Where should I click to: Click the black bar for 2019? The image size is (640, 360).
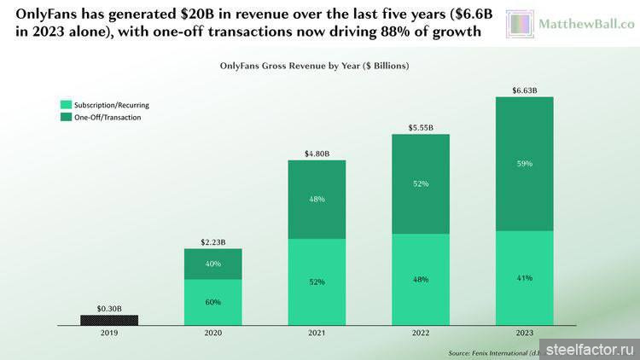coord(109,320)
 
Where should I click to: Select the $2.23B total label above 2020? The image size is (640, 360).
coord(213,242)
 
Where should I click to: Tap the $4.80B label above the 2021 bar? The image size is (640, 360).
coord(317,154)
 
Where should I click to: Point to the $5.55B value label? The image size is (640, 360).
coord(420,127)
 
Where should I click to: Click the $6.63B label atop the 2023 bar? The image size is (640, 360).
coord(524,90)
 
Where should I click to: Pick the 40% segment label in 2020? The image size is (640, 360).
coord(213,264)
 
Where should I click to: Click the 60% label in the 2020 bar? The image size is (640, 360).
coord(213,302)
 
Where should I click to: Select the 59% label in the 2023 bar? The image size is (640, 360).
coord(524,164)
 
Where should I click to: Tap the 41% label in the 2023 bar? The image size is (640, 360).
coord(524,278)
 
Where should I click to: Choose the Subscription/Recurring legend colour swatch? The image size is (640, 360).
coord(64,105)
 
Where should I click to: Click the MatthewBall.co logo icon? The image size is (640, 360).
coord(521,25)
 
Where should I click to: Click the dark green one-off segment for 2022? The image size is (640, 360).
coord(420,183)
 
